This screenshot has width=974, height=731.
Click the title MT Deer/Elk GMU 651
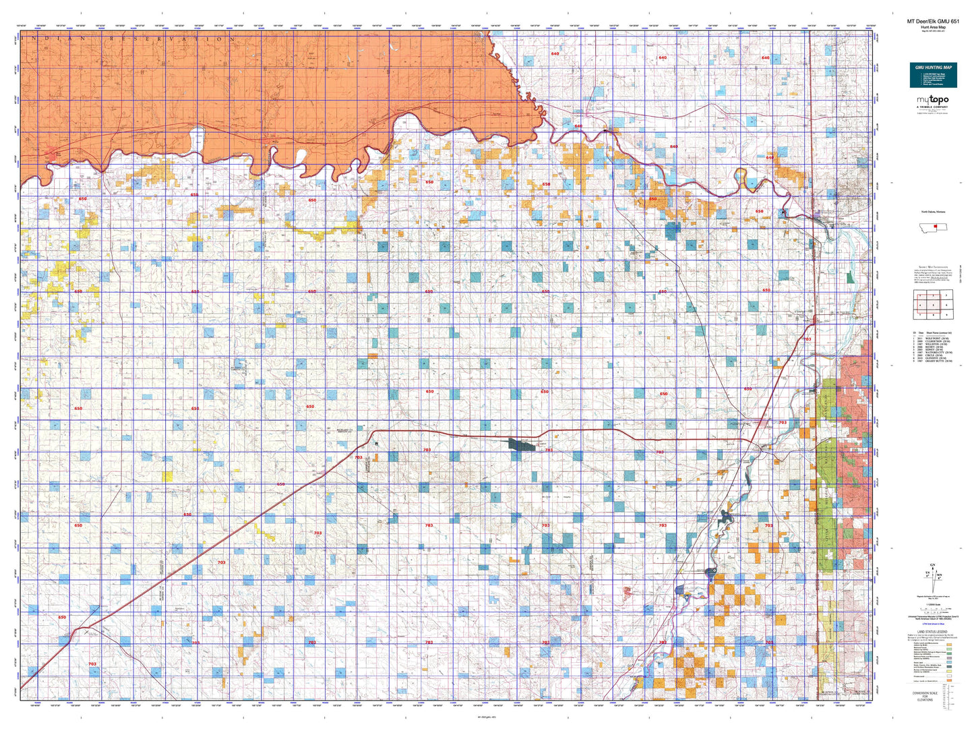pos(933,22)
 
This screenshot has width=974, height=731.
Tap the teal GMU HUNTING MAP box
pos(933,75)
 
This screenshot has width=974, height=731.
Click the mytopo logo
pos(933,100)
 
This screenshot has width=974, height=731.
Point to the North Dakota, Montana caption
pos(933,212)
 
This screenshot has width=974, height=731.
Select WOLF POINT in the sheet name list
pos(936,338)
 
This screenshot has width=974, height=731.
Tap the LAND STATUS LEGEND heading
pos(933,631)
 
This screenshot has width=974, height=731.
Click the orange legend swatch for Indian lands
pos(950,680)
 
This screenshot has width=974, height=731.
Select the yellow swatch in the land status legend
pos(950,672)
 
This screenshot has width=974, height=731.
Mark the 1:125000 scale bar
pos(933,608)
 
